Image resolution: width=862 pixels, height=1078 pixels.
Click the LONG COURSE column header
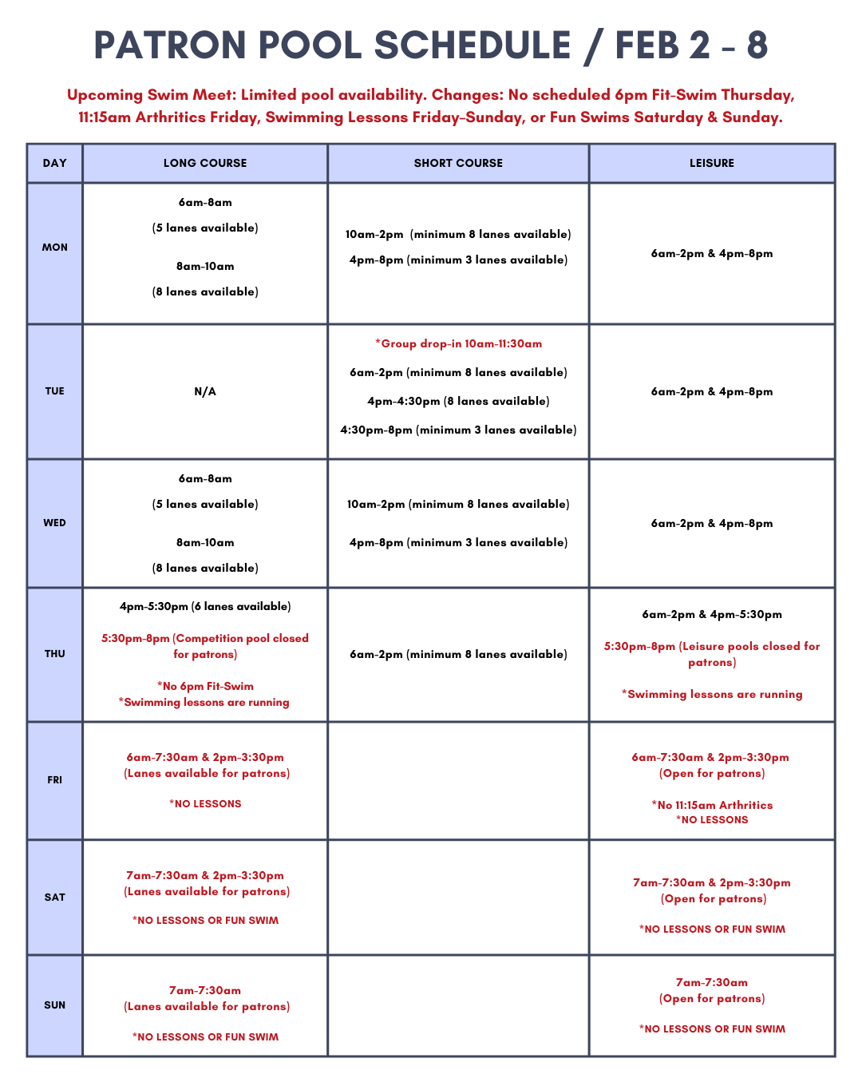click(x=205, y=163)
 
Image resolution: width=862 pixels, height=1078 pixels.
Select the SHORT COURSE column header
click(x=458, y=163)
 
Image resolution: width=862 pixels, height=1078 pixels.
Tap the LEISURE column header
click(x=712, y=163)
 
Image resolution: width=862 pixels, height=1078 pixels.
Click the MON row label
click(x=55, y=248)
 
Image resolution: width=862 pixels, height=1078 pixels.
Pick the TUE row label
click(x=55, y=391)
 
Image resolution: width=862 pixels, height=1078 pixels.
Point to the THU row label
click(x=55, y=654)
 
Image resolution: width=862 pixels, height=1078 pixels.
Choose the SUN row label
click(x=55, y=1005)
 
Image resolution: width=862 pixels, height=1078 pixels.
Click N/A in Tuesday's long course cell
click(x=205, y=391)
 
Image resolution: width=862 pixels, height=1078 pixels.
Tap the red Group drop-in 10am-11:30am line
click(x=458, y=344)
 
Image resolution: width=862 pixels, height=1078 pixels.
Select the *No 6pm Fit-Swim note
click(x=205, y=687)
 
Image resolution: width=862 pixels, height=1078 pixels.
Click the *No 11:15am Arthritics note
click(x=712, y=805)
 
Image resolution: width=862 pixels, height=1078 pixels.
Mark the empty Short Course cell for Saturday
click(x=458, y=897)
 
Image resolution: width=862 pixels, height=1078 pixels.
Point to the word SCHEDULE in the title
click(x=472, y=46)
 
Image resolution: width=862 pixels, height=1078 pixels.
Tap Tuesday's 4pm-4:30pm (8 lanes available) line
click(x=458, y=402)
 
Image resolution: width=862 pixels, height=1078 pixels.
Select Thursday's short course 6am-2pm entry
click(x=458, y=655)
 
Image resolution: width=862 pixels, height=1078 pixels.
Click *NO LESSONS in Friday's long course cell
click(x=205, y=804)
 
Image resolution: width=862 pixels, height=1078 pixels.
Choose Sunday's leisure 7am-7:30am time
click(x=712, y=983)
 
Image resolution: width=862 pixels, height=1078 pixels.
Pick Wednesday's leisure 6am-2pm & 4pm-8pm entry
click(x=712, y=524)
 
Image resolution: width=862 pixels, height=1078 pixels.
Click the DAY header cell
click(x=55, y=163)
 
